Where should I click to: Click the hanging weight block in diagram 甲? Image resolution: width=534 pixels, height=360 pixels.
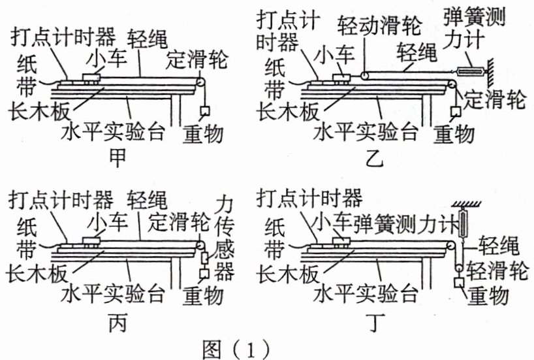click(205, 110)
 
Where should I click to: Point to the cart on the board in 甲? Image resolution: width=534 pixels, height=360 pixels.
click(89, 78)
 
